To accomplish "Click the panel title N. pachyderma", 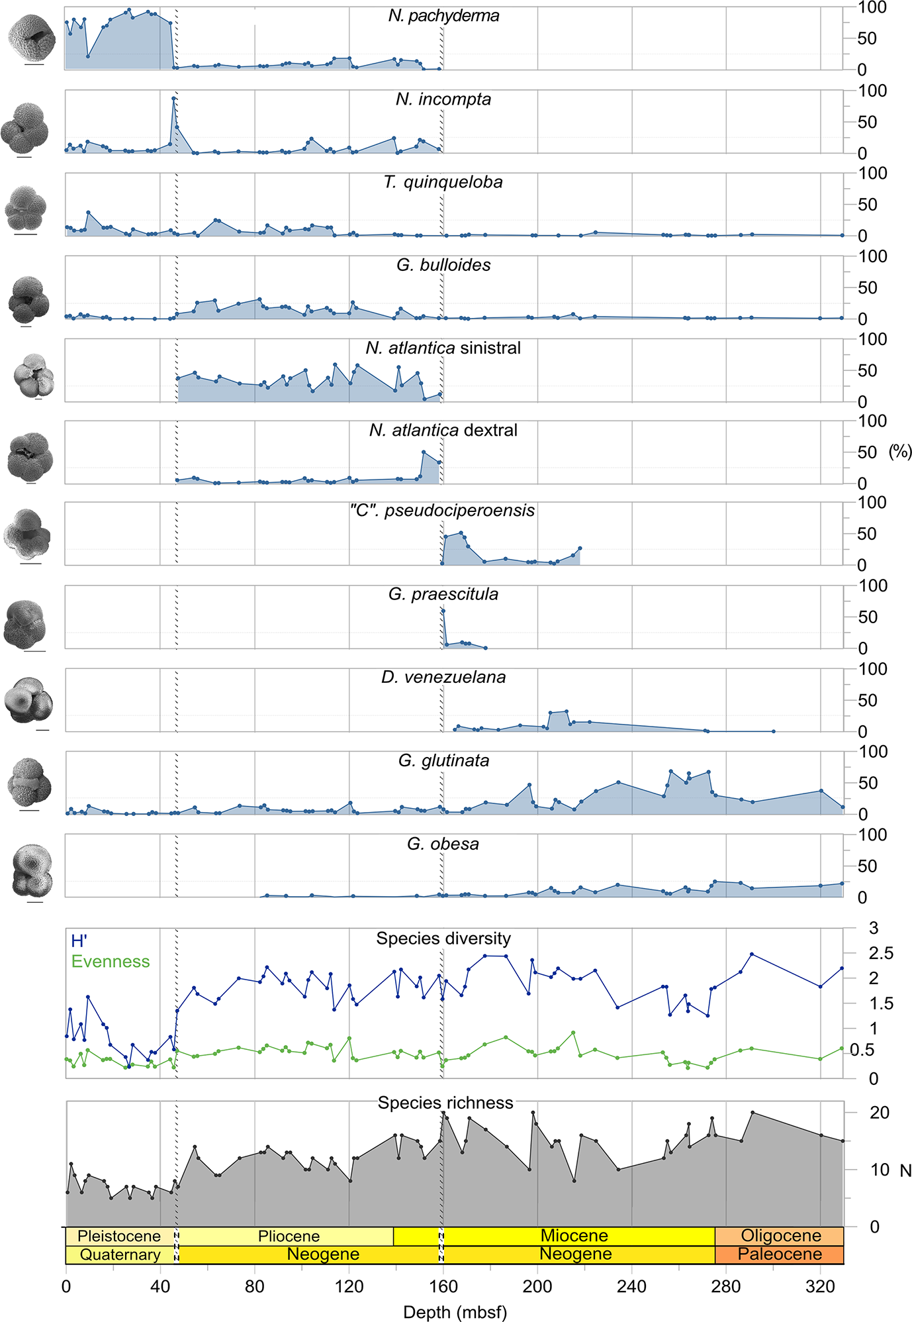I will [443, 16].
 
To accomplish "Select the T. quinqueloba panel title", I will [443, 182].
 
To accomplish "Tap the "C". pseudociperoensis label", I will [442, 511].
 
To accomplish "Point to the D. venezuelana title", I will [443, 677].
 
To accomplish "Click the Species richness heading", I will [445, 1103].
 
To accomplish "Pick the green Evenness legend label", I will [111, 962].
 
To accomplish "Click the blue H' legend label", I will [79, 941].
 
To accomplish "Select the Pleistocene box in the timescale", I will [119, 1237].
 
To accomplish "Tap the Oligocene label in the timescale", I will [781, 1236].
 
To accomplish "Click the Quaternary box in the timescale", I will [120, 1254].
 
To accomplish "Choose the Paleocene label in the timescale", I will [780, 1254].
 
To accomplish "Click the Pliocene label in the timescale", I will [289, 1237].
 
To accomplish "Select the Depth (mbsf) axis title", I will [455, 1312].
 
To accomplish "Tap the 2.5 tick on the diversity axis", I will [881, 953].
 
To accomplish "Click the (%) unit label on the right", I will [899, 452].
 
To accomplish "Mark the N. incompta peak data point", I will [173, 99].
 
